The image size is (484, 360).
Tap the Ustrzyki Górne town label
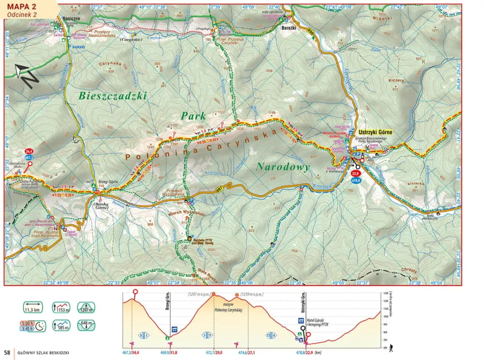tap(375, 132)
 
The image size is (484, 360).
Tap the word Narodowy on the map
tap(283, 167)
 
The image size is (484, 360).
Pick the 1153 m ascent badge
tap(61, 307)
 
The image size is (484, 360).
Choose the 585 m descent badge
tap(61, 325)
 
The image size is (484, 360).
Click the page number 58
tap(7, 354)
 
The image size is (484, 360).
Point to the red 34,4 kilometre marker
tap(29, 151)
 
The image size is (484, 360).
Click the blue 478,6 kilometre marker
tap(356, 181)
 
